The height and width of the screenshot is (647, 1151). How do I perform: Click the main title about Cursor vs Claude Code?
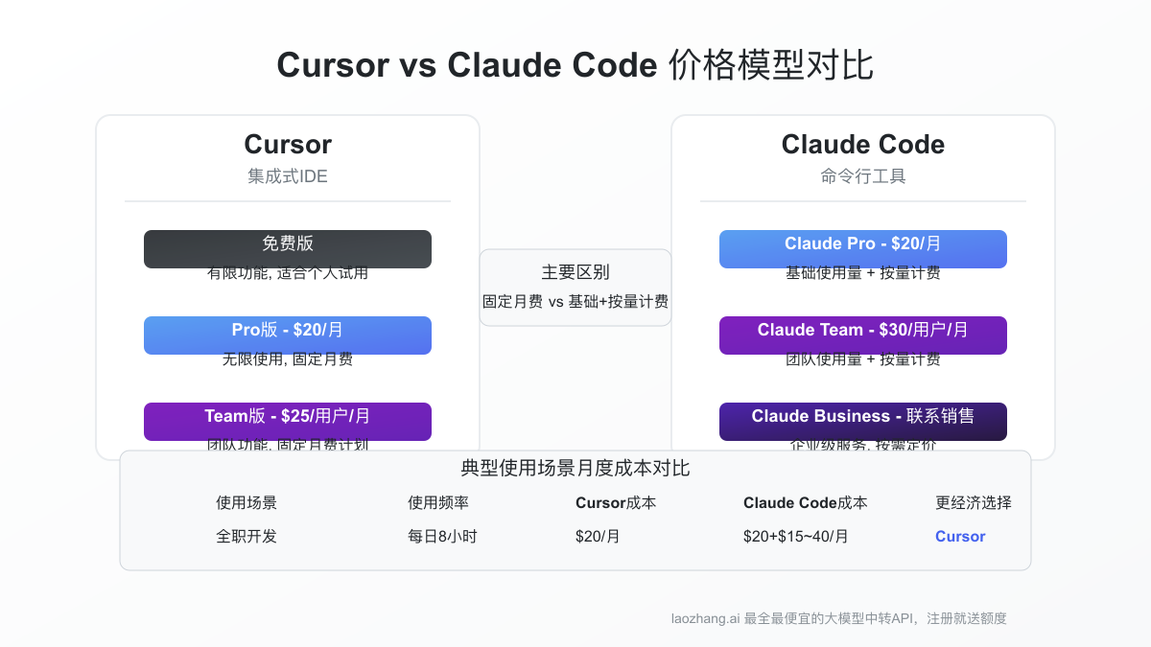575,66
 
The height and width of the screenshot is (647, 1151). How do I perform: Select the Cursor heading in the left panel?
288,145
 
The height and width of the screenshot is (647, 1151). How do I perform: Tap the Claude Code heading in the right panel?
863,145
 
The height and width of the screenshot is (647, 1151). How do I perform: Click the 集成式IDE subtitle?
288,176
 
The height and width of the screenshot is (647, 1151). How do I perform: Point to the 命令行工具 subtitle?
863,176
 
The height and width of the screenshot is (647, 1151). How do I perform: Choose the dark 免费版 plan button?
288,248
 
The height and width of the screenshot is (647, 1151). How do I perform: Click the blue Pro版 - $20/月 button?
288,335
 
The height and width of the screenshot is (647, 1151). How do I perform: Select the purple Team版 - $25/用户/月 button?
288,421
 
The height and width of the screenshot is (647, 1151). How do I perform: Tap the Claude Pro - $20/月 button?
863,248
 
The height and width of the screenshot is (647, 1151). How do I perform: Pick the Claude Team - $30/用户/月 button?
863,335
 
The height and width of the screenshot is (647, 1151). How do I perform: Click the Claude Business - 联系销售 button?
863,421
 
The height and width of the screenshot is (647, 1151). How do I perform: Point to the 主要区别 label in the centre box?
575,272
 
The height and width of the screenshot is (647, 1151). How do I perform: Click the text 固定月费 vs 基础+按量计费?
575,301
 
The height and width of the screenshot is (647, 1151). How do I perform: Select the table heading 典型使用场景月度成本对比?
575,469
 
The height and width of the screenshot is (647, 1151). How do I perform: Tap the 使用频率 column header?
438,502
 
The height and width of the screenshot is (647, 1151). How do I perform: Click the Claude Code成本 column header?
806,502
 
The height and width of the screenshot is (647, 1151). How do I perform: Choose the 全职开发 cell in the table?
247,536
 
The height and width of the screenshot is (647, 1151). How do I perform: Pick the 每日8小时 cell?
442,536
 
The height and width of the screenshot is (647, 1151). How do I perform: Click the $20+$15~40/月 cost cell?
796,536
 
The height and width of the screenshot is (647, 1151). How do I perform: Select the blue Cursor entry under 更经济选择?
960,536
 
